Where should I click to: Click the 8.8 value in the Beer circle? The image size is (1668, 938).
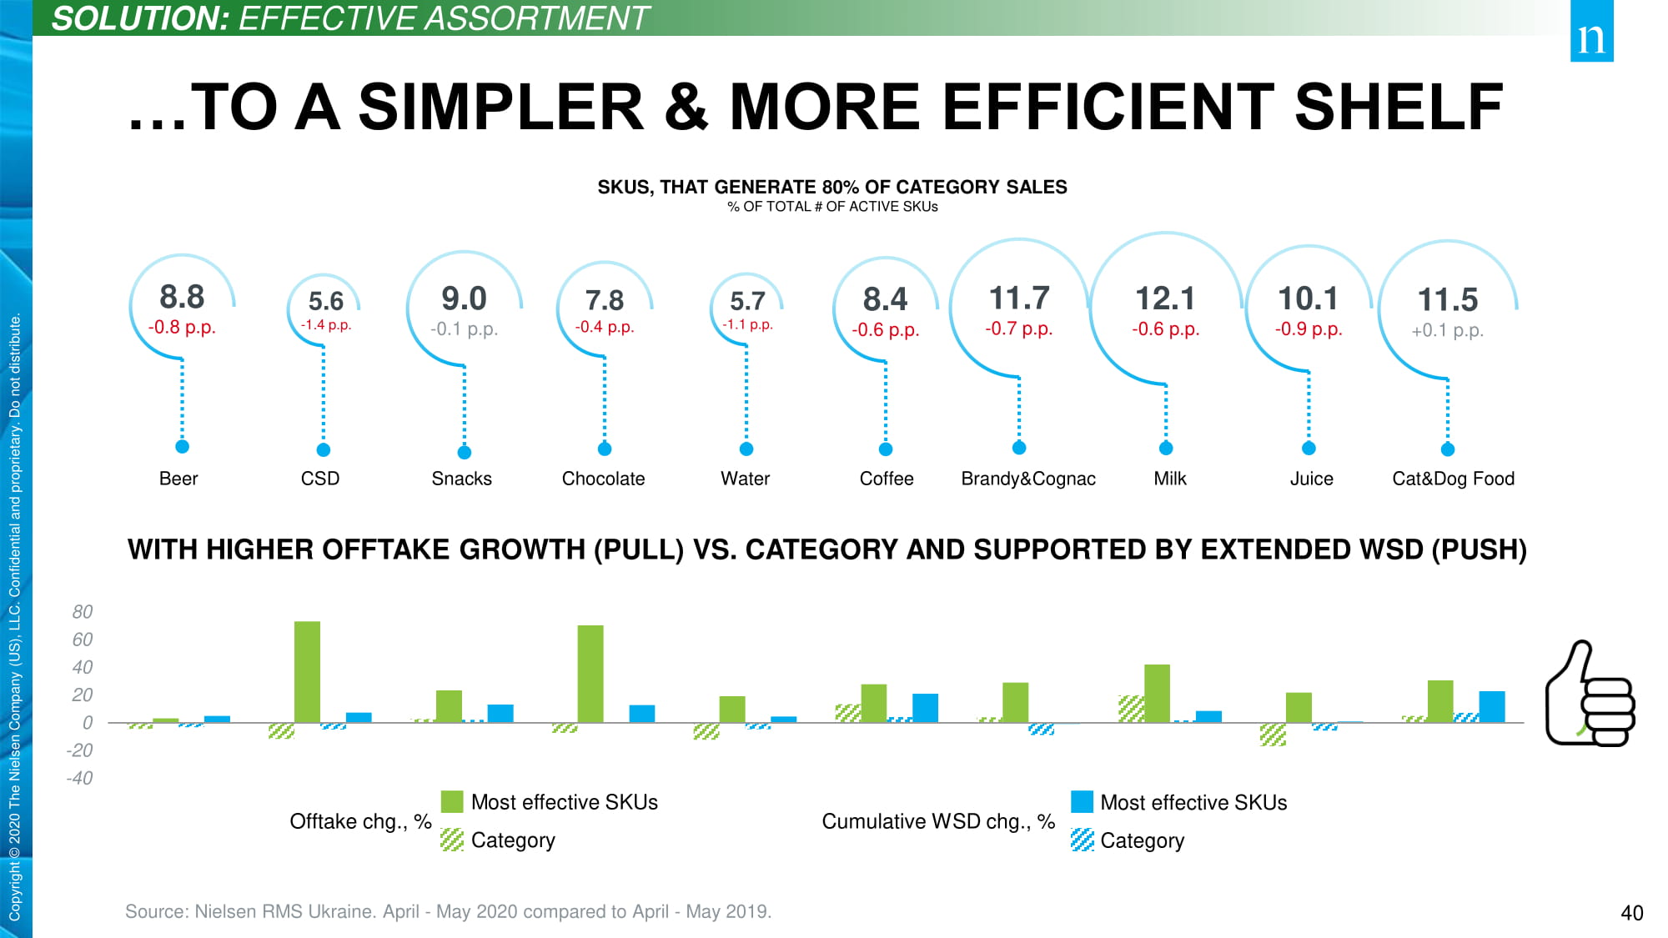tap(182, 297)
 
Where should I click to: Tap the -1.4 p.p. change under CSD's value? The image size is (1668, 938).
tap(326, 325)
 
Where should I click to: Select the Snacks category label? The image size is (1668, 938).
tap(461, 479)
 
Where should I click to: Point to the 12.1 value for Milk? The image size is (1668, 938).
tap(1165, 298)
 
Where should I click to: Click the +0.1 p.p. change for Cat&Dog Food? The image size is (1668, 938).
tap(1447, 330)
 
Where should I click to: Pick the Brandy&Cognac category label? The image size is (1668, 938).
tap(1027, 479)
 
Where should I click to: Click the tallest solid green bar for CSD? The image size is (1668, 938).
tap(307, 671)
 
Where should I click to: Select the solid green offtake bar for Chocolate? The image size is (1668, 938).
tap(590, 674)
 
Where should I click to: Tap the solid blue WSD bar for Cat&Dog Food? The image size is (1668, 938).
tap(1492, 707)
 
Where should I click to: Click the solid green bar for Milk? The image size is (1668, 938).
tap(1157, 693)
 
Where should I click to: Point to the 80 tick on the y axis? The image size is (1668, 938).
tap(83, 612)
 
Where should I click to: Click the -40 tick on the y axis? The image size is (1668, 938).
tap(80, 778)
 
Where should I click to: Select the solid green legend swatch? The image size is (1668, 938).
tap(452, 802)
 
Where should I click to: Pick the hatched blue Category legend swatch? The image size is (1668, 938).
tap(1082, 840)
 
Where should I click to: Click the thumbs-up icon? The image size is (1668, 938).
tap(1589, 695)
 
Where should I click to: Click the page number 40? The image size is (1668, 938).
tap(1631, 913)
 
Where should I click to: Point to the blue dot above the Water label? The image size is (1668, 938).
tap(746, 449)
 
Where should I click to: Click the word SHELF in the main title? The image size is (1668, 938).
tap(1399, 108)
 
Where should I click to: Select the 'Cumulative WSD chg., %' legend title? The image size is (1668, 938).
tap(938, 821)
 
